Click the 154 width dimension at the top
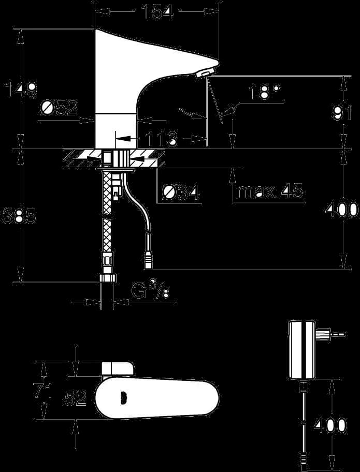157,12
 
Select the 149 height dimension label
20,89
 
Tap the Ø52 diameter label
60,108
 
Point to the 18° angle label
265,92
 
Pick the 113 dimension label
161,139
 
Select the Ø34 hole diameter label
180,192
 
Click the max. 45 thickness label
270,191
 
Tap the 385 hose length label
19,215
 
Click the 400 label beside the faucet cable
342,209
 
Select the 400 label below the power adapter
329,425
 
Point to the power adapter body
302,349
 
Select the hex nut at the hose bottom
107,277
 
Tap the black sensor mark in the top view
123,399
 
